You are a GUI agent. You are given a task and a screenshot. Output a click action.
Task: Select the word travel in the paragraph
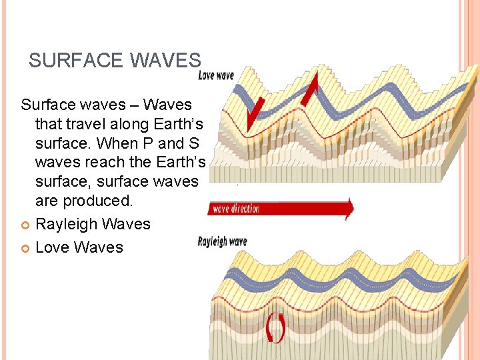coord(90,124)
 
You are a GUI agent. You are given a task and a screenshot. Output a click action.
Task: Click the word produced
coord(92,200)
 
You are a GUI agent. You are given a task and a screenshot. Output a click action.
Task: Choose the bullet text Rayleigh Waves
coord(93,224)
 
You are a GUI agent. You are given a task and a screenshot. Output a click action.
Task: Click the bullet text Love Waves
coord(79,247)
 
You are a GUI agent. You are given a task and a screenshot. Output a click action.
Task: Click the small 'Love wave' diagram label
coord(216,75)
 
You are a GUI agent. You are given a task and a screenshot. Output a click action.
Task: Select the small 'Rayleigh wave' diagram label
coord(222,241)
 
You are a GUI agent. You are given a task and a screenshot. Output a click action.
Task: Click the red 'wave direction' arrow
coord(280,209)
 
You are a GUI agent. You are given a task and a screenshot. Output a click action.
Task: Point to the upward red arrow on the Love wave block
coord(311,89)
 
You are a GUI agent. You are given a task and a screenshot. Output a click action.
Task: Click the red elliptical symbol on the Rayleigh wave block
coord(276,328)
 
